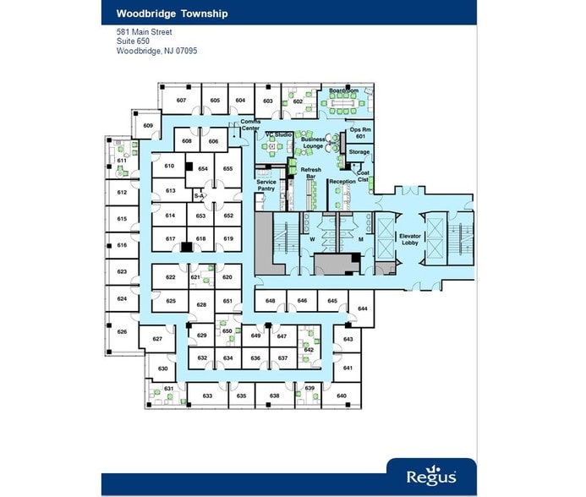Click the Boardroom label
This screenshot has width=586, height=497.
[343, 90]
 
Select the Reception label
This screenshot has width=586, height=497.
[342, 182]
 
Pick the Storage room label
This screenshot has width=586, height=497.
[359, 152]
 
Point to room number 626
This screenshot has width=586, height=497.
[122, 331]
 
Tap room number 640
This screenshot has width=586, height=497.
[342, 396]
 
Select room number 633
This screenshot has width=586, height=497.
[207, 396]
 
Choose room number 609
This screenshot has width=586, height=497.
[148, 126]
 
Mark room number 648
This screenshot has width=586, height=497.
[271, 301]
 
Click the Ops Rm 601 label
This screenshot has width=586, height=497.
[359, 133]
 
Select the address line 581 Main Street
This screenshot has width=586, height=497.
[145, 32]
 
